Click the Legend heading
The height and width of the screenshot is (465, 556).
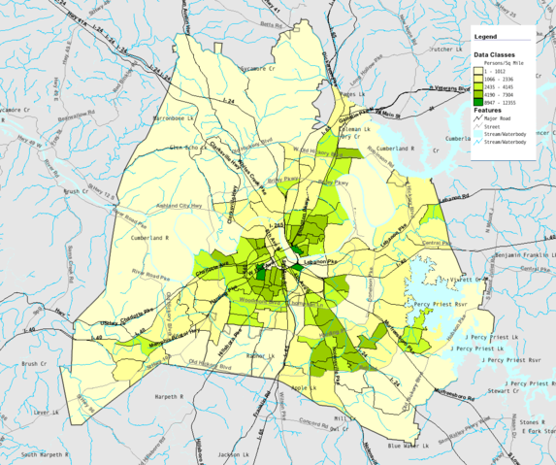click(x=485, y=37)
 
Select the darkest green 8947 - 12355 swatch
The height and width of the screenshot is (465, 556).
click(x=478, y=101)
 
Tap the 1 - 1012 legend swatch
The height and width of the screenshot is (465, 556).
click(x=478, y=71)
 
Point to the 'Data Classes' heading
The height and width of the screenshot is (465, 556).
click(x=495, y=55)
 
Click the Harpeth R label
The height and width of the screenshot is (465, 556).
click(x=142, y=396)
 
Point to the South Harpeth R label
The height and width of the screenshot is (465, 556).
click(x=44, y=454)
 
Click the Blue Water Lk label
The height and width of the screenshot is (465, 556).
click(x=408, y=446)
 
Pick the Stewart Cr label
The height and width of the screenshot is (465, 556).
click(x=505, y=390)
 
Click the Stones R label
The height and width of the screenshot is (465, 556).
click(x=529, y=422)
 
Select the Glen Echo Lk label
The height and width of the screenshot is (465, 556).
click(x=184, y=147)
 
